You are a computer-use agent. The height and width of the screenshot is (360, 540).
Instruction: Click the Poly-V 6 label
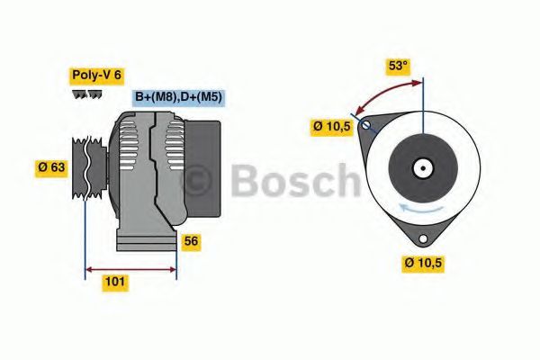tap(96, 76)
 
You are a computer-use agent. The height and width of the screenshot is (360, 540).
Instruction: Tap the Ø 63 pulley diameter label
tap(52, 166)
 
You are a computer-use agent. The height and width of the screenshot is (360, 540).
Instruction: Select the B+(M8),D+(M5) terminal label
tap(178, 97)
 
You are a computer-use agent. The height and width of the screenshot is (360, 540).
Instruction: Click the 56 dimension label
tap(190, 241)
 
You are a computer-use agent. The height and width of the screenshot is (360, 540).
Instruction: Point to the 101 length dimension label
tap(114, 283)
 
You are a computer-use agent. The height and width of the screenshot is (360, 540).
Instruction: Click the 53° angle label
tap(397, 66)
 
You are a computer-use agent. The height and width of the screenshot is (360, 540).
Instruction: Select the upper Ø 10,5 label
tap(331, 127)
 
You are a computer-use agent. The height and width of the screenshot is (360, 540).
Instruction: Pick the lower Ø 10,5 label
tap(422, 264)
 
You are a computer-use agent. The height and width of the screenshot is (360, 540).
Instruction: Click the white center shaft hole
tap(421, 168)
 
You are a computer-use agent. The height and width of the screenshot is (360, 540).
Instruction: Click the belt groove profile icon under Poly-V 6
tap(87, 94)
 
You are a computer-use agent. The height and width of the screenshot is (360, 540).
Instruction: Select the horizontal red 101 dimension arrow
tap(130, 268)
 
